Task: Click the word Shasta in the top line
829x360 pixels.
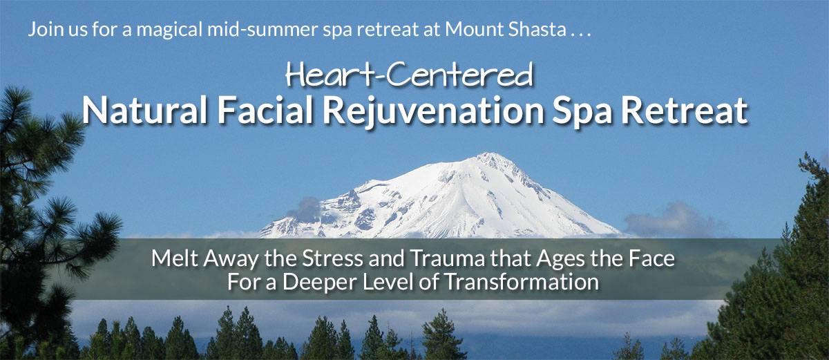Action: point(537,29)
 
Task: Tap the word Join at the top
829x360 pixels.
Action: point(46,30)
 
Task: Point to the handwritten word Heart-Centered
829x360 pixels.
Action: point(409,75)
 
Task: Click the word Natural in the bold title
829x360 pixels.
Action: point(144,110)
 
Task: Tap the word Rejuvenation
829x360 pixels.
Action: point(433,111)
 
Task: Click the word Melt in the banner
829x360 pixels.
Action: point(174,258)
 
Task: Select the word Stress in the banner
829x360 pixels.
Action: point(332,258)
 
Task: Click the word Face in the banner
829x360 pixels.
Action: point(651,258)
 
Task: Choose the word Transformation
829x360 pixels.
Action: point(521,281)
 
